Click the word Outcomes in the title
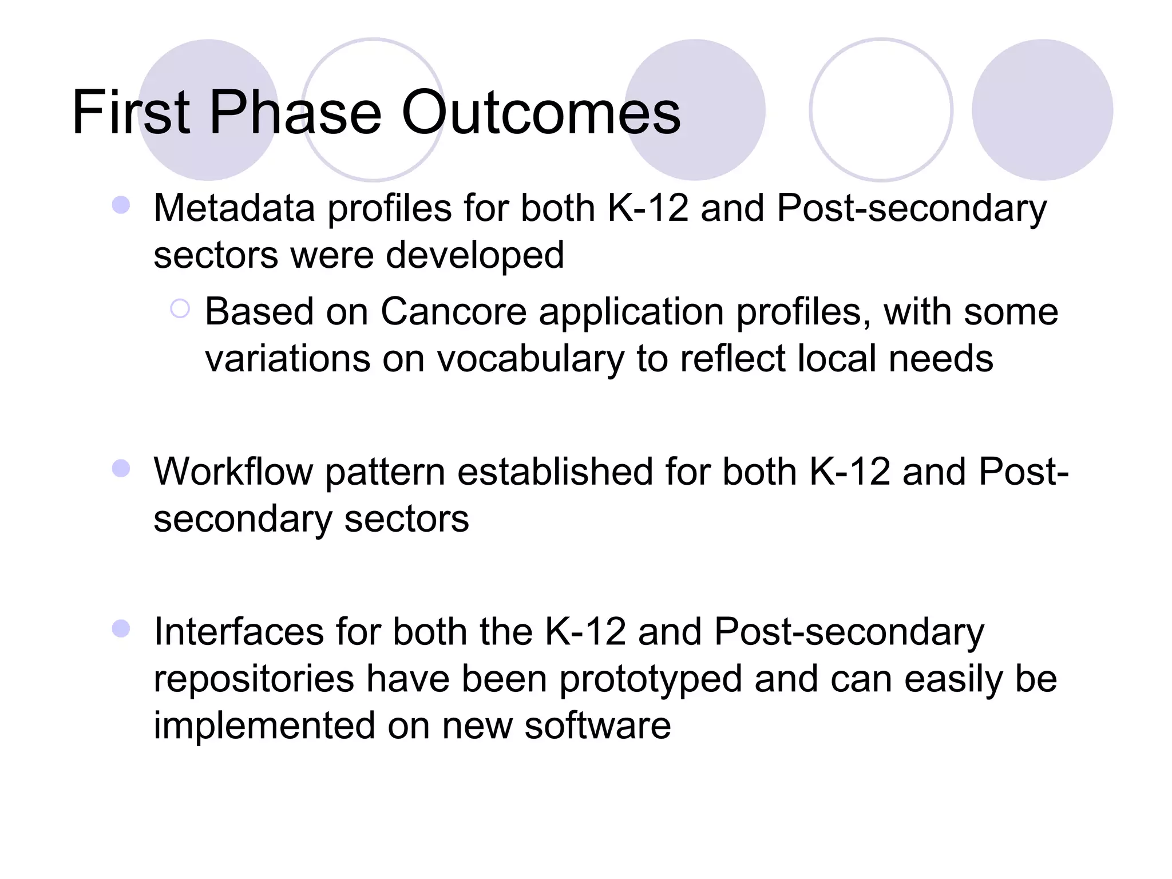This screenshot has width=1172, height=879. click(541, 113)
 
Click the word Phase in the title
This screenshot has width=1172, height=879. click(295, 113)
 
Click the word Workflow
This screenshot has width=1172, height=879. click(233, 472)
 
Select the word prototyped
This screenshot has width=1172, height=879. click(650, 680)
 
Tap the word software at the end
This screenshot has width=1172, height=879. click(597, 726)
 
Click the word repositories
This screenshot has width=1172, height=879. click(254, 680)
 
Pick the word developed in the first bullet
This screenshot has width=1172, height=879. click(474, 255)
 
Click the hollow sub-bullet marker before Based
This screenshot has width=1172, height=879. click(180, 309)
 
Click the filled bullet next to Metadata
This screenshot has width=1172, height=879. click(121, 205)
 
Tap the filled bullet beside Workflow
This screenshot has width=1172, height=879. click(121, 469)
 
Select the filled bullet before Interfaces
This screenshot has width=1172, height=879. click(121, 629)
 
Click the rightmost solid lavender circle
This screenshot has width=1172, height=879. click(1042, 110)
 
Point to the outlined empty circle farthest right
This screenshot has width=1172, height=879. click(881, 110)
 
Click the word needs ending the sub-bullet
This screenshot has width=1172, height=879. click(941, 359)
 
